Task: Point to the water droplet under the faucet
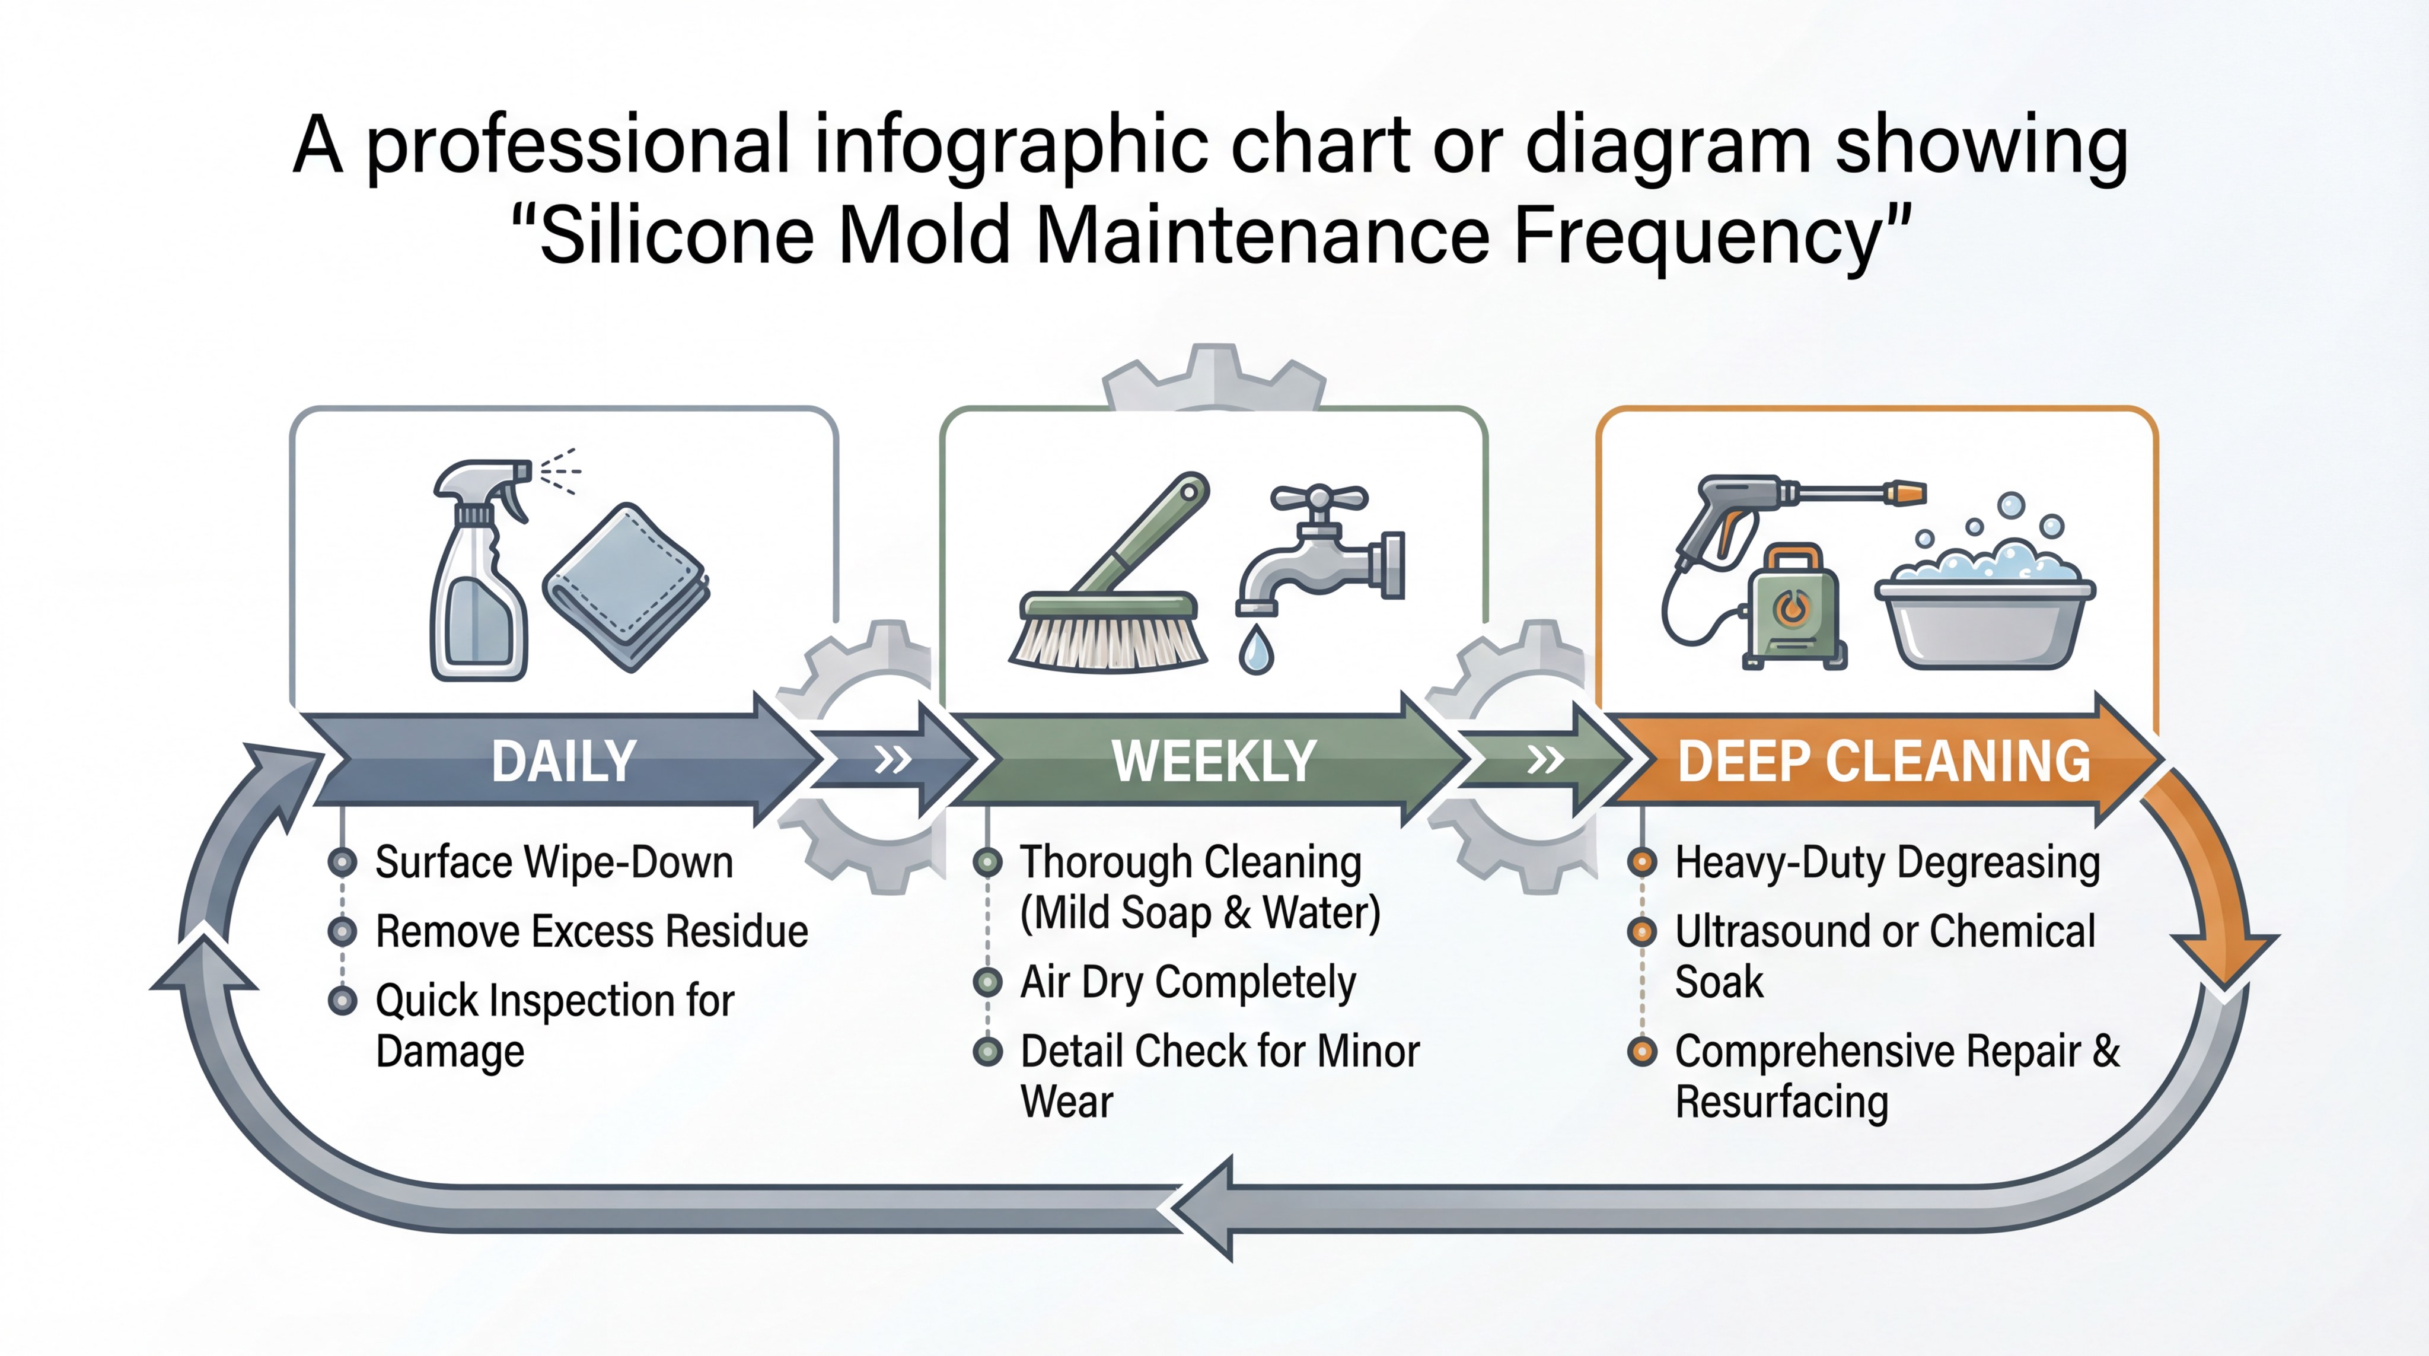[x=1255, y=651]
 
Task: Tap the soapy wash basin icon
[x=1985, y=608]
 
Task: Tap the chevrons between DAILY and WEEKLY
[x=892, y=759]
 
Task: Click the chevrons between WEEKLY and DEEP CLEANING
[x=1545, y=759]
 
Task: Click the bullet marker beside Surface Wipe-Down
[x=342, y=862]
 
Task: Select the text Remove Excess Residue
[x=591, y=932]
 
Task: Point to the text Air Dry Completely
[x=1188, y=982]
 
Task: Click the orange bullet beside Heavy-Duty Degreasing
[x=1641, y=862]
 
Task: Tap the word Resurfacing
[x=1781, y=1102]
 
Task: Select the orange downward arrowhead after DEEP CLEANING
[x=2226, y=957]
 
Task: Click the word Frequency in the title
[x=1697, y=235]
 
